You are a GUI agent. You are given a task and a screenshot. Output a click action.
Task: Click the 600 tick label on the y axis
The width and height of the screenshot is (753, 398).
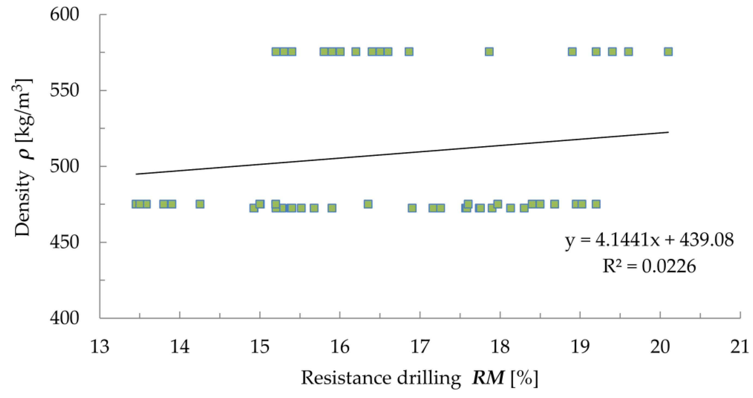64,14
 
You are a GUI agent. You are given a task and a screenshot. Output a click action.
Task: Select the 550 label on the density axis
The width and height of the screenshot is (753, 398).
64,90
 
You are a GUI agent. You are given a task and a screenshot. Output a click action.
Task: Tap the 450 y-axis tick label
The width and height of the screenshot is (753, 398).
64,242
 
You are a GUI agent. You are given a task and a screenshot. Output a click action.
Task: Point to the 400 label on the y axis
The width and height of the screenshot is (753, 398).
64,318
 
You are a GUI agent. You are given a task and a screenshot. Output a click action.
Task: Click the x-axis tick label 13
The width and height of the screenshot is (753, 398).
100,347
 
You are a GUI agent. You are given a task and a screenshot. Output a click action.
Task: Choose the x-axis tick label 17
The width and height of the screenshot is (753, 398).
420,347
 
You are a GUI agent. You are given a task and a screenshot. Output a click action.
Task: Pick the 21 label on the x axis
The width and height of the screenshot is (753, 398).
740,347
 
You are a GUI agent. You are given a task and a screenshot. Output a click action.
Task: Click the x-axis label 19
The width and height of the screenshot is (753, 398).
580,347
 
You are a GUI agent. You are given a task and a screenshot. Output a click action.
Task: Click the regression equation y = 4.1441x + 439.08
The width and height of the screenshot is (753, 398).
649,240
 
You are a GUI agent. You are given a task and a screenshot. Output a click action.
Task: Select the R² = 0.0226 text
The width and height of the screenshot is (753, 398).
649,266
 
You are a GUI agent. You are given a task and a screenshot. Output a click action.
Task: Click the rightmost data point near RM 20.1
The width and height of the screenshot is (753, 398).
668,52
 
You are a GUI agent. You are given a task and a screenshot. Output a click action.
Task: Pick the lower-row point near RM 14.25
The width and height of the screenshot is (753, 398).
200,204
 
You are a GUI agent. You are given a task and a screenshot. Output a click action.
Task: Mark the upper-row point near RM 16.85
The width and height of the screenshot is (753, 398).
409,52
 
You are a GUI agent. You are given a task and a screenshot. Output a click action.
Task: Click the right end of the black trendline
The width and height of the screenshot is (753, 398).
668,132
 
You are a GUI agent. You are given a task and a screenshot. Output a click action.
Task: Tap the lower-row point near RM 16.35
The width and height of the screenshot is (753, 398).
368,204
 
